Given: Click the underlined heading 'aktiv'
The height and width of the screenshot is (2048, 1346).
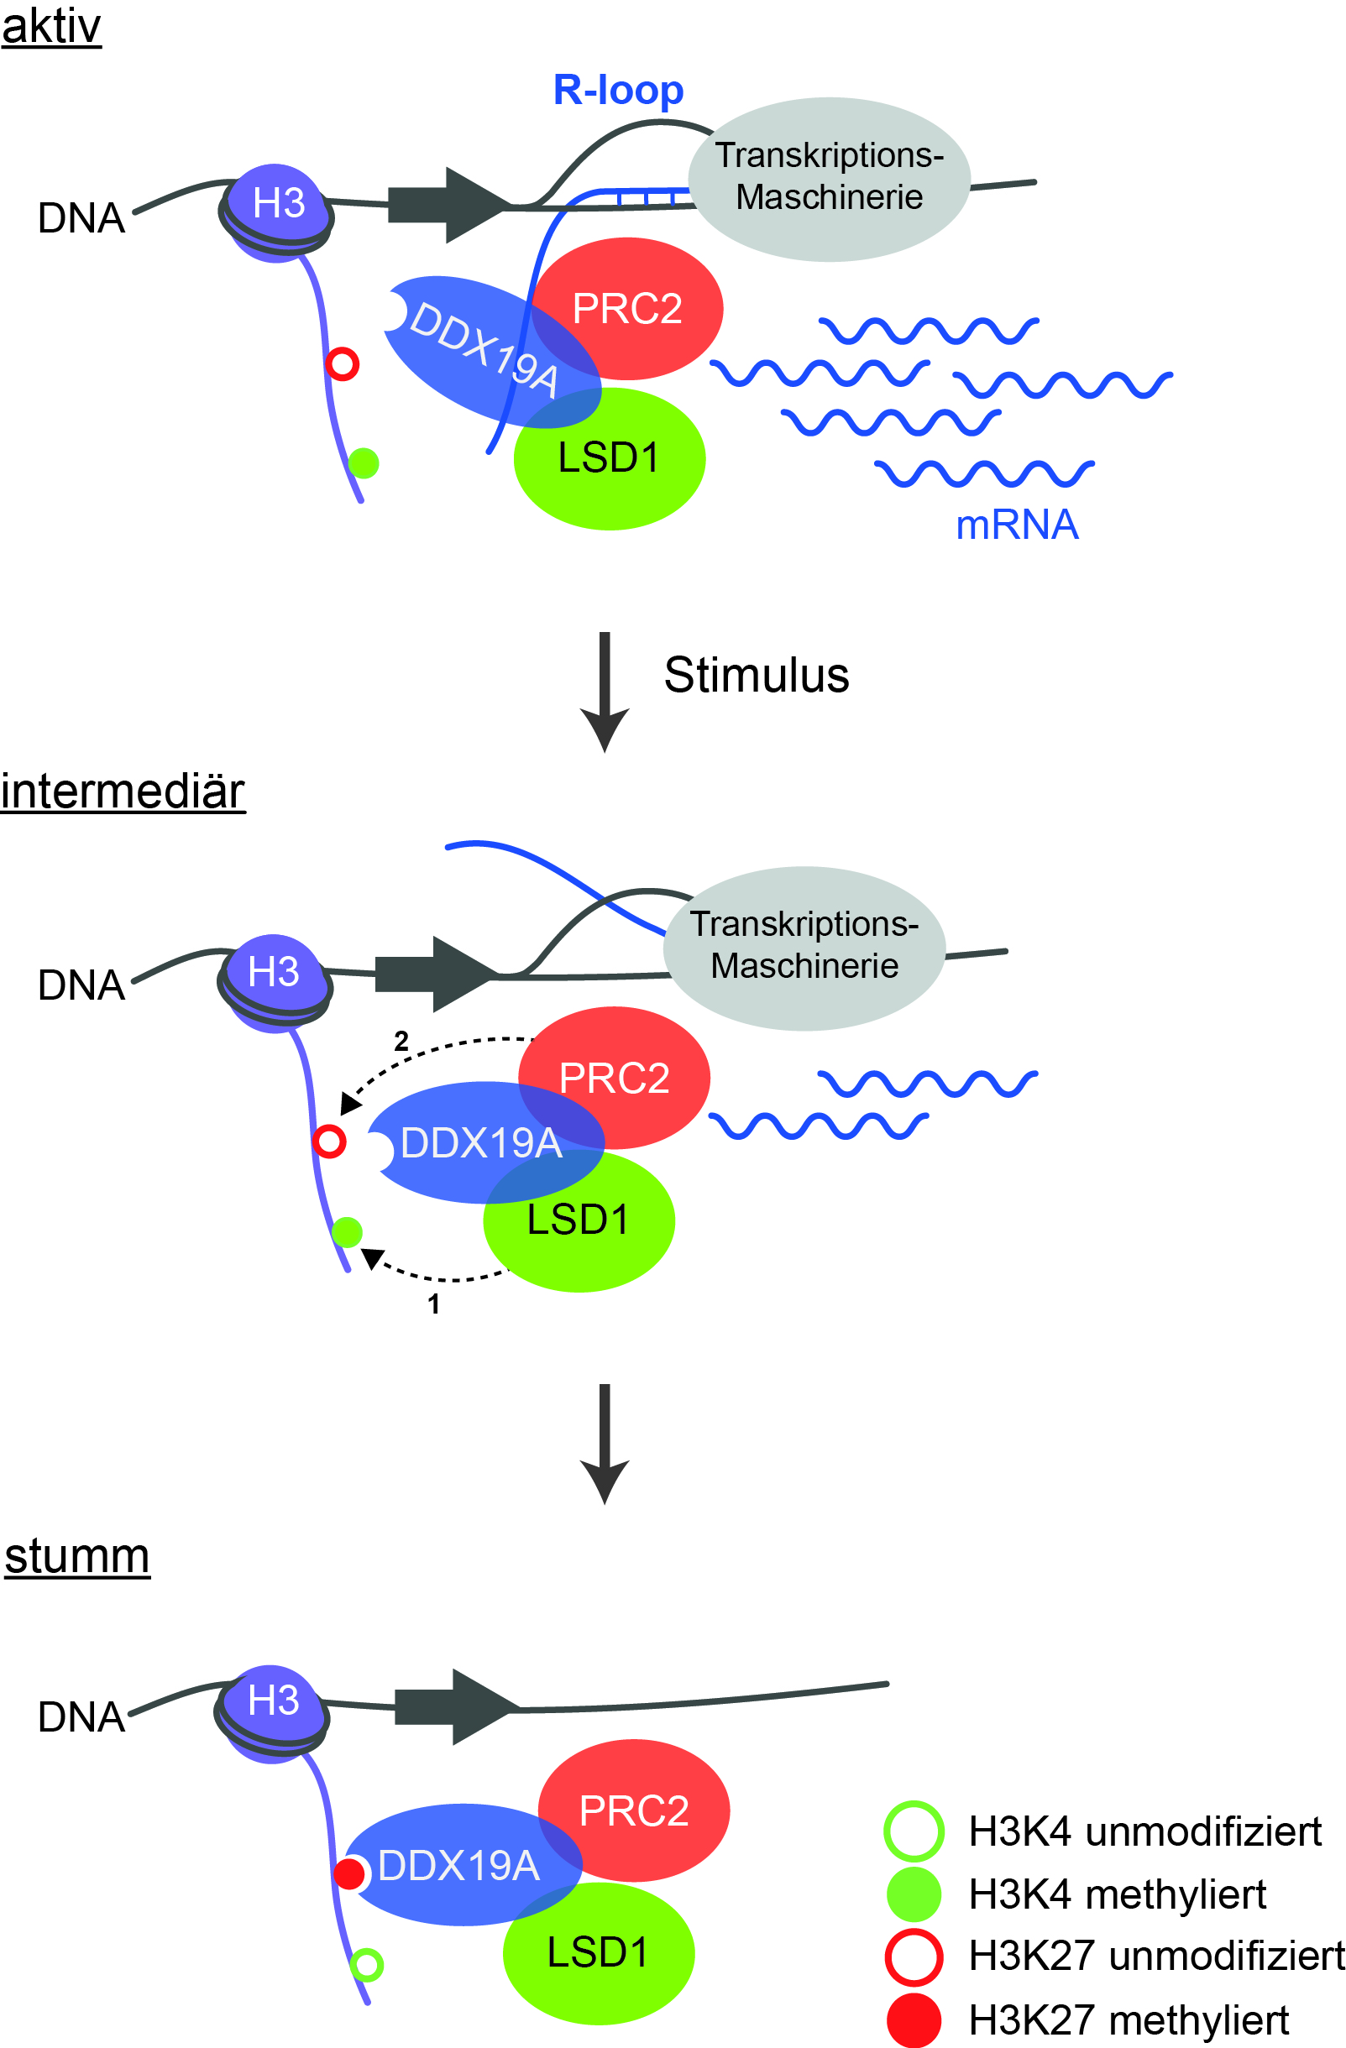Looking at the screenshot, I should click(50, 27).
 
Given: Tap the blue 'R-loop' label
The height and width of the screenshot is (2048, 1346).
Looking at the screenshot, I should click(618, 91).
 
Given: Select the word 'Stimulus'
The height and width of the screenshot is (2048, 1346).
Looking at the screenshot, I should click(756, 676).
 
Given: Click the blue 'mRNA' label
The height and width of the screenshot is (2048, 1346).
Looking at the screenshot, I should click(1016, 525).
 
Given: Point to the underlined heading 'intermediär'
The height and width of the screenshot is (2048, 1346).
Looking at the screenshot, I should click(123, 792).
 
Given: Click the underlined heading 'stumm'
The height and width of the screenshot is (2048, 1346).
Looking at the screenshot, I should click(76, 1557).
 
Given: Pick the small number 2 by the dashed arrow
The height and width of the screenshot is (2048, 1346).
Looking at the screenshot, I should click(401, 1042).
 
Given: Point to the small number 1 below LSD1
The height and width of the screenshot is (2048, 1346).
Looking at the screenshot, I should click(434, 1304).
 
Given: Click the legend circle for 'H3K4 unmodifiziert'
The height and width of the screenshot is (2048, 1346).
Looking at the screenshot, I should click(914, 1831).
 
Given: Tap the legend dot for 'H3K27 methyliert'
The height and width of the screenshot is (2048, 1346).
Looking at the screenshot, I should click(914, 2020).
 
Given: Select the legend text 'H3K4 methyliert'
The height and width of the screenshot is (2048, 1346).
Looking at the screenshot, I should click(1117, 1894).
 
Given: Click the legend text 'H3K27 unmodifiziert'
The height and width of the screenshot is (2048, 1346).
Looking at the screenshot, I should click(1155, 1956).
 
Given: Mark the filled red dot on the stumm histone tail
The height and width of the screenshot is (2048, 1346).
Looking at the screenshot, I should click(349, 1874).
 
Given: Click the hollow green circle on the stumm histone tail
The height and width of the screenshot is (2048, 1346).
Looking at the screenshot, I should click(368, 1966).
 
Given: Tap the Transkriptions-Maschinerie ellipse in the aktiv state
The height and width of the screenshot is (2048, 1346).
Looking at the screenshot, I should click(829, 179).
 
